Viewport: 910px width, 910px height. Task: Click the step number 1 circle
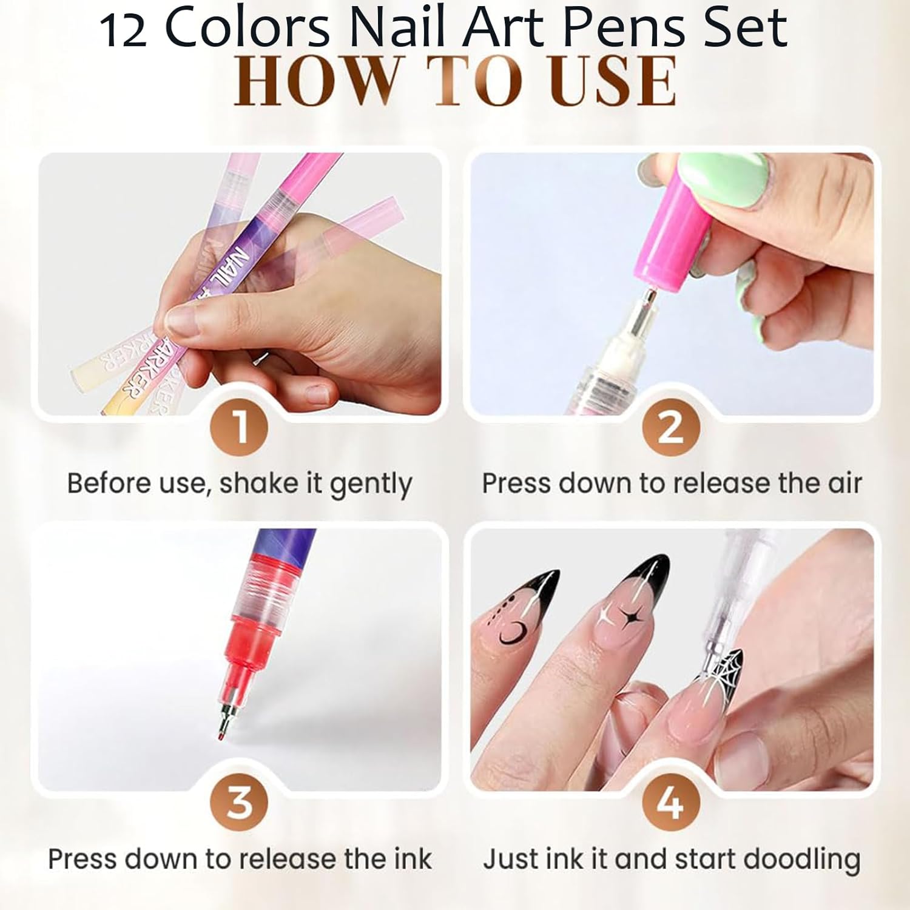click(x=239, y=426)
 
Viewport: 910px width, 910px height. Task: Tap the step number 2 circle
click(x=671, y=426)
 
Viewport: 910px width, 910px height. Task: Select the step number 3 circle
click(x=239, y=802)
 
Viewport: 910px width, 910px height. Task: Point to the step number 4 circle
click(x=671, y=802)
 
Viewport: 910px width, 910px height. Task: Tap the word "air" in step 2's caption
click(x=844, y=484)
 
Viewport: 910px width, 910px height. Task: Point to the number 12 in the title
click(x=123, y=30)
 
